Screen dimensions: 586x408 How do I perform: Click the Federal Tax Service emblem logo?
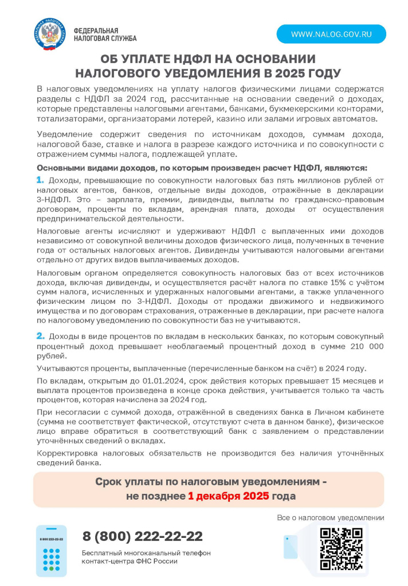(49, 34)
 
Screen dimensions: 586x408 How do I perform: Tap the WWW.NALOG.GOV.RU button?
(331, 34)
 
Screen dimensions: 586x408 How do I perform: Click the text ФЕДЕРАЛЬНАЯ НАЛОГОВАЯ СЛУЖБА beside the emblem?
(105, 34)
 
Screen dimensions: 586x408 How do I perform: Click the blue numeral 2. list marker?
(41, 336)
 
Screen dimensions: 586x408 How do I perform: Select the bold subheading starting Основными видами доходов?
(201, 168)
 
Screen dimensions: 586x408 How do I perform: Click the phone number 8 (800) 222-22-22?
(143, 536)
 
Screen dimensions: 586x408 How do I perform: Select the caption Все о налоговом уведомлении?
(330, 518)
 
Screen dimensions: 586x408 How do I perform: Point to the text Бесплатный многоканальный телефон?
(146, 553)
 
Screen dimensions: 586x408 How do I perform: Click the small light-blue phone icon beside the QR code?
(291, 547)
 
